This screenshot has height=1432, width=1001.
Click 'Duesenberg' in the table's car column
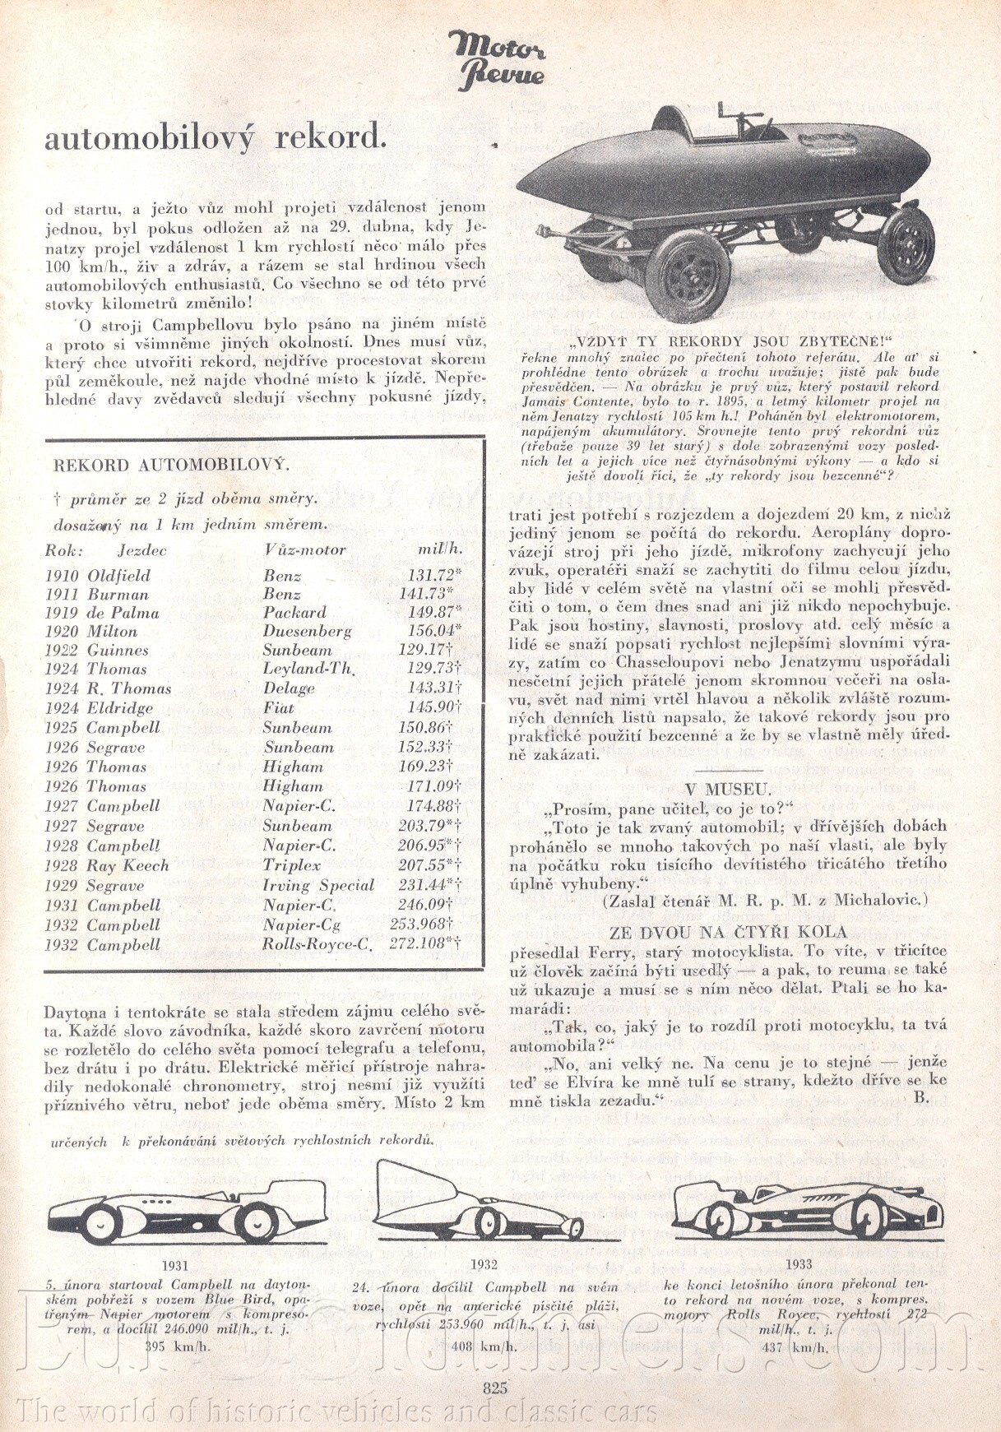pos(307,632)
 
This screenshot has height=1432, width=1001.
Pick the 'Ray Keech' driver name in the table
pos(127,865)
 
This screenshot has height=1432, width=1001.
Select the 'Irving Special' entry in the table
pos(318,886)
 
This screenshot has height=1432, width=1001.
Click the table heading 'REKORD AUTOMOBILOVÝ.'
pos(171,465)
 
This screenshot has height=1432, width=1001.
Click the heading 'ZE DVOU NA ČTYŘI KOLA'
pos(728,932)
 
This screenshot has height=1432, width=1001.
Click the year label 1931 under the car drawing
pos(175,1266)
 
